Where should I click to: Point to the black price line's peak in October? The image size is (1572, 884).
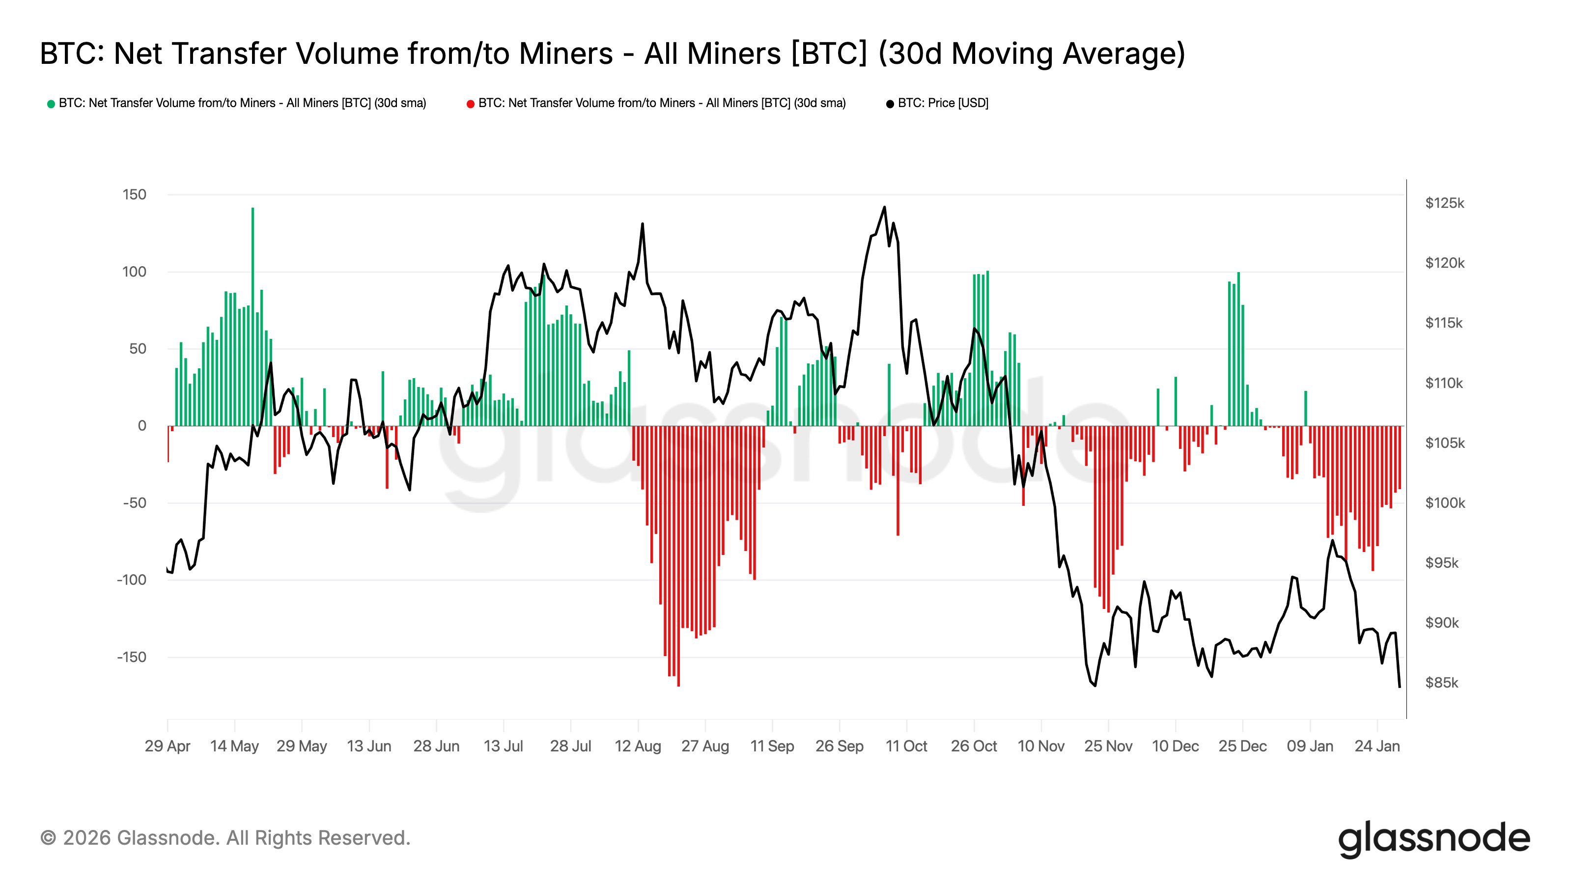884,207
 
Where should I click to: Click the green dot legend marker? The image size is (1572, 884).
51,104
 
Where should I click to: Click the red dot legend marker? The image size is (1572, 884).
471,104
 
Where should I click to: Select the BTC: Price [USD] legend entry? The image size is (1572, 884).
942,103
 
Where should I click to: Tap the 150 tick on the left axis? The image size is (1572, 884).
134,194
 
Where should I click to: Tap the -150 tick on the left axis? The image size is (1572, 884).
132,657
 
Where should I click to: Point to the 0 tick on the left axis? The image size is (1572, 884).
141,426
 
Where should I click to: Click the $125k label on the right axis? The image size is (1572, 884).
1444,203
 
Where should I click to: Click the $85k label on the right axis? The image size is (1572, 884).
1441,683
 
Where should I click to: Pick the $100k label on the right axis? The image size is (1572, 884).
1444,503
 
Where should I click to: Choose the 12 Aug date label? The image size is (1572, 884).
638,746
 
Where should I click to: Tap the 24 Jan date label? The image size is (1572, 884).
1376,746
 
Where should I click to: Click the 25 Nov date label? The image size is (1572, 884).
1108,746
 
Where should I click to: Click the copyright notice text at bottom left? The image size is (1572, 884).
225,838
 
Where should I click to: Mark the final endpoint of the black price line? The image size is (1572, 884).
1399,687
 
